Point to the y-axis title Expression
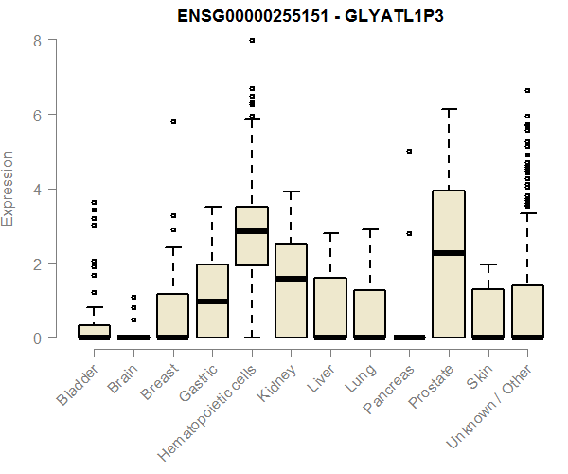[9, 188]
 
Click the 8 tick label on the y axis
[36, 41]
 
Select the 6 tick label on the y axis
[36, 115]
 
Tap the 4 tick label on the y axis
[36, 189]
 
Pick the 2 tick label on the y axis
[36, 263]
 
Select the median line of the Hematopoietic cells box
[252, 230]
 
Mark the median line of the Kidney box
[291, 279]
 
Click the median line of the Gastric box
[212, 301]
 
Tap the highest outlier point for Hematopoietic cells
[252, 41]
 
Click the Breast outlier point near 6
[173, 121]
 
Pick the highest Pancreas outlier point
[409, 151]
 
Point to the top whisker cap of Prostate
[449, 109]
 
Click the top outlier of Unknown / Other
[527, 90]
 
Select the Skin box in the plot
[488, 313]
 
